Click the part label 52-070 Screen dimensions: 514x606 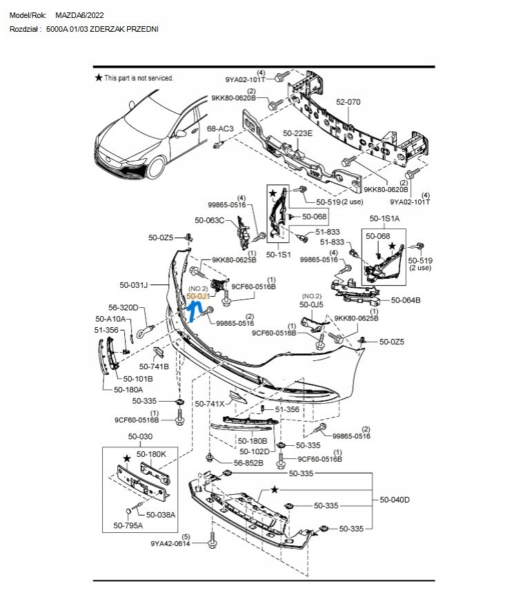[348, 102]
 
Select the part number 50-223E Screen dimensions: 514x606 [297, 133]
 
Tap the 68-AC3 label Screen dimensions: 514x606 [220, 128]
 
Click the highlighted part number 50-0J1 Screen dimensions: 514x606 [198, 296]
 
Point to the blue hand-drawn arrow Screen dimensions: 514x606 [194, 311]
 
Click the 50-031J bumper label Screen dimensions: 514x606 [134, 285]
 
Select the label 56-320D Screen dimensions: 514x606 [123, 308]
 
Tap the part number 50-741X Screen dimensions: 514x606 [210, 404]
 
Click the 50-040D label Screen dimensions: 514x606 [395, 500]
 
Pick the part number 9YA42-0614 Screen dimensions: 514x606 [170, 544]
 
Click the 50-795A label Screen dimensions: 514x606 [128, 526]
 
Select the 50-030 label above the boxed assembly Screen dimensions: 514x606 [140, 436]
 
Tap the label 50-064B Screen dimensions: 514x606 [406, 300]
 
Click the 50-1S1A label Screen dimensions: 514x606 [384, 219]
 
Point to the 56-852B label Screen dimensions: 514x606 [248, 463]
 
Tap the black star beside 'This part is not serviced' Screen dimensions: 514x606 [99, 78]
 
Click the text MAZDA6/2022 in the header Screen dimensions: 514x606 [79, 15]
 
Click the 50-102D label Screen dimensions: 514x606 [255, 452]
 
